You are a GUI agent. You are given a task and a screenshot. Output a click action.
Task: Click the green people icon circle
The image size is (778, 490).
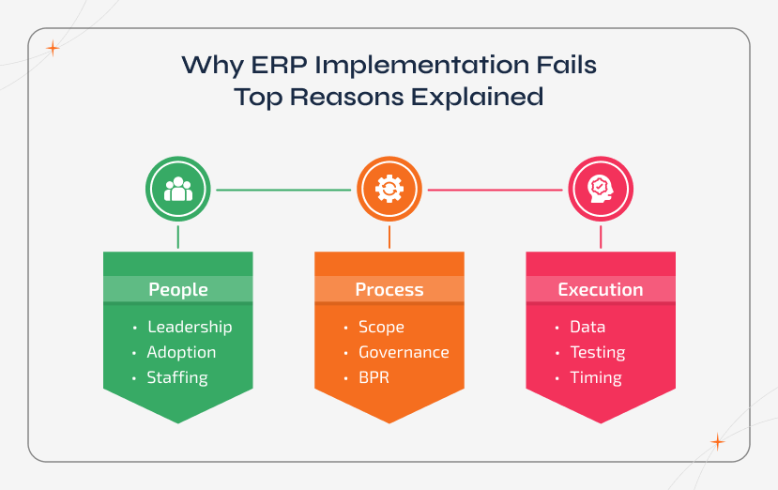(177, 189)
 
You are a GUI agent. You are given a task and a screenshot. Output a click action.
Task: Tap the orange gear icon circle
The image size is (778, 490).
(389, 189)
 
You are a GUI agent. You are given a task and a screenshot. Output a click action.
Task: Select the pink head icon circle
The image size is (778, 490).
(601, 189)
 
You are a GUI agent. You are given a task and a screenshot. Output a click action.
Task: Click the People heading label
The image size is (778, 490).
(177, 289)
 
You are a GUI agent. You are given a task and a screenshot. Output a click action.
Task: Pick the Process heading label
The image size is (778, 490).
(389, 289)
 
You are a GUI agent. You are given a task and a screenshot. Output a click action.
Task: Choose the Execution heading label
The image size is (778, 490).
(601, 289)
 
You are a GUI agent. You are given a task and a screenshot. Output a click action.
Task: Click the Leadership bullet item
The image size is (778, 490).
(189, 327)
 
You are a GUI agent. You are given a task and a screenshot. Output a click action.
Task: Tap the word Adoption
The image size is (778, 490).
(181, 352)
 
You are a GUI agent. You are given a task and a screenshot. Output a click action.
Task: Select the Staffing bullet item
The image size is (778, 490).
(176, 377)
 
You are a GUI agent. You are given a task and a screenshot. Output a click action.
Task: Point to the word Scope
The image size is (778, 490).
(381, 327)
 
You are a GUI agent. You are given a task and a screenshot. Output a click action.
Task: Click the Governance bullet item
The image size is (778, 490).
(404, 352)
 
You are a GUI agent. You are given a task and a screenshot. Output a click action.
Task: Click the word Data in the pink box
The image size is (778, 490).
(587, 327)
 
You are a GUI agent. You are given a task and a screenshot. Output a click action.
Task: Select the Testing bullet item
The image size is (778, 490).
(597, 352)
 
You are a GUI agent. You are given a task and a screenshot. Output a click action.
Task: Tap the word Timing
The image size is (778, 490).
(595, 377)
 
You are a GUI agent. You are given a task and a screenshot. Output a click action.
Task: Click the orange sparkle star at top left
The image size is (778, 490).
(53, 48)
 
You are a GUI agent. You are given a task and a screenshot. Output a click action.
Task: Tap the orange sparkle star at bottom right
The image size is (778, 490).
(717, 441)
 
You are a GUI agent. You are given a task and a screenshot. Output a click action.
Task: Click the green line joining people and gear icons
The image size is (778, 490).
(282, 190)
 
